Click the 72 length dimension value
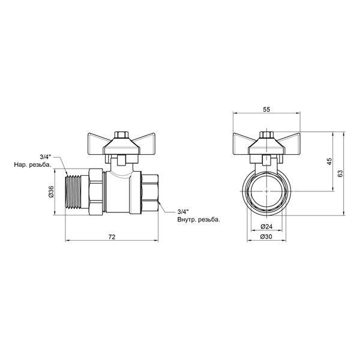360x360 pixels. pyautogui.click(x=112, y=237)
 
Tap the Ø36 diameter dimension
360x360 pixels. pyautogui.click(x=51, y=191)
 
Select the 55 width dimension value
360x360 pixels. pyautogui.click(x=266, y=110)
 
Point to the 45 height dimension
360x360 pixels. pyautogui.click(x=329, y=161)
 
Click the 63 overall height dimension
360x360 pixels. pyautogui.click(x=340, y=173)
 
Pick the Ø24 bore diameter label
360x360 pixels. pyautogui.click(x=266, y=227)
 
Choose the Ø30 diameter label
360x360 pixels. pyautogui.click(x=266, y=236)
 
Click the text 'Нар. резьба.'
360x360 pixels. pyautogui.click(x=33, y=164)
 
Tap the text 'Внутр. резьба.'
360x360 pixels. pyautogui.click(x=199, y=220)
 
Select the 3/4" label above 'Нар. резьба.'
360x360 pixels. pyautogui.click(x=46, y=157)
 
